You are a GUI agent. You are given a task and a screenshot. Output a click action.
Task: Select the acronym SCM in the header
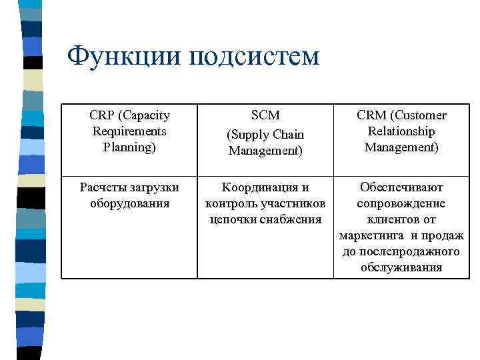tap(265, 116)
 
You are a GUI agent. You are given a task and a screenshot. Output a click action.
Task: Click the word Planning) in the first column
tap(129, 147)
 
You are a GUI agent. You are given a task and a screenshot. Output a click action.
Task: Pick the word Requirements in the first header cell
tap(129, 131)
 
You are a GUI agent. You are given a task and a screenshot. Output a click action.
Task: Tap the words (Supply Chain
tap(265, 135)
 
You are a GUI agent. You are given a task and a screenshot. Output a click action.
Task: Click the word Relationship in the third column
tap(401, 131)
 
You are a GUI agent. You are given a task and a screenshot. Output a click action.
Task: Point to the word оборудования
tap(129, 203)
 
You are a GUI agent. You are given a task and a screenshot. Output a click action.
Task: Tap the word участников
tap(293, 203)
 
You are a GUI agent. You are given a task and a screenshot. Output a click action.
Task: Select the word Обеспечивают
tap(401, 187)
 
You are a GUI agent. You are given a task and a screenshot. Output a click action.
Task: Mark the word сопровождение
tap(401, 203)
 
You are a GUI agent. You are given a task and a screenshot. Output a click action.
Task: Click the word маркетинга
tap(371, 235)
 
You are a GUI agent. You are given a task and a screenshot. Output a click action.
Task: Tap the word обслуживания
tap(401, 267)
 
